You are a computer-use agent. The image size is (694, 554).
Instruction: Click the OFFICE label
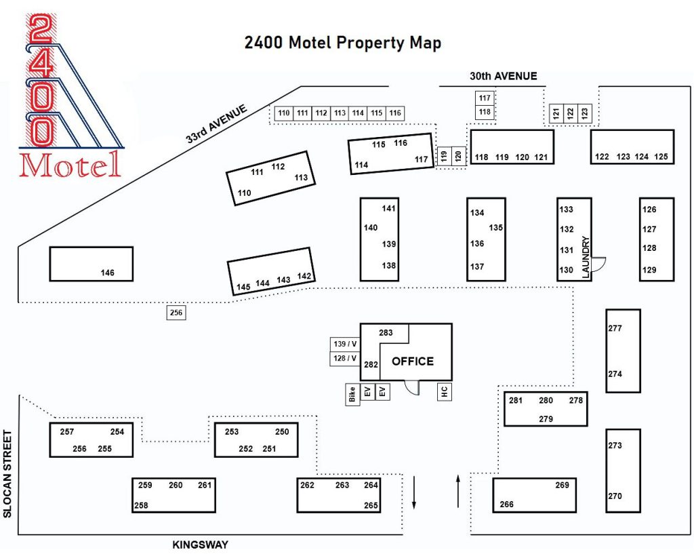pos(412,361)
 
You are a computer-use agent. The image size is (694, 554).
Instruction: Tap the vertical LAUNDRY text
pos(586,257)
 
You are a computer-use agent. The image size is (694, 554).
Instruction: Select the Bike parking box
pos(352,394)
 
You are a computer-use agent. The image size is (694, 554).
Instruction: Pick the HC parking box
pos(445,391)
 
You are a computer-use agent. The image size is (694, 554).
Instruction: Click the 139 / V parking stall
pos(344,343)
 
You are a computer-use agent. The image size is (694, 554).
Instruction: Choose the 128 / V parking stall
pos(344,358)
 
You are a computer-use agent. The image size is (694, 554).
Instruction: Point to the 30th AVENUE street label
pos(503,76)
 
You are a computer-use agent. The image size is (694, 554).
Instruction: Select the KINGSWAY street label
pos(200,545)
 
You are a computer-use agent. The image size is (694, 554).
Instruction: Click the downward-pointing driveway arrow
pos(414,492)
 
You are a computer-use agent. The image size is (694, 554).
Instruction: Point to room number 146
pos(107,273)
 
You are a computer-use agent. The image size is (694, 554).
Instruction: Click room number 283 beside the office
pos(386,333)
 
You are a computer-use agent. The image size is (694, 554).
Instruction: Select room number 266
pos(506,504)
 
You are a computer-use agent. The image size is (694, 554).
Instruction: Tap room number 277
pos(615,329)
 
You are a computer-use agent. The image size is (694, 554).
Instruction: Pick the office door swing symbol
pos(412,386)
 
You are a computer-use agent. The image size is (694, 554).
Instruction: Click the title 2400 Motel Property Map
pos(343,43)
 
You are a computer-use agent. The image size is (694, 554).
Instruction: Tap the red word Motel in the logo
pos(70,165)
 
